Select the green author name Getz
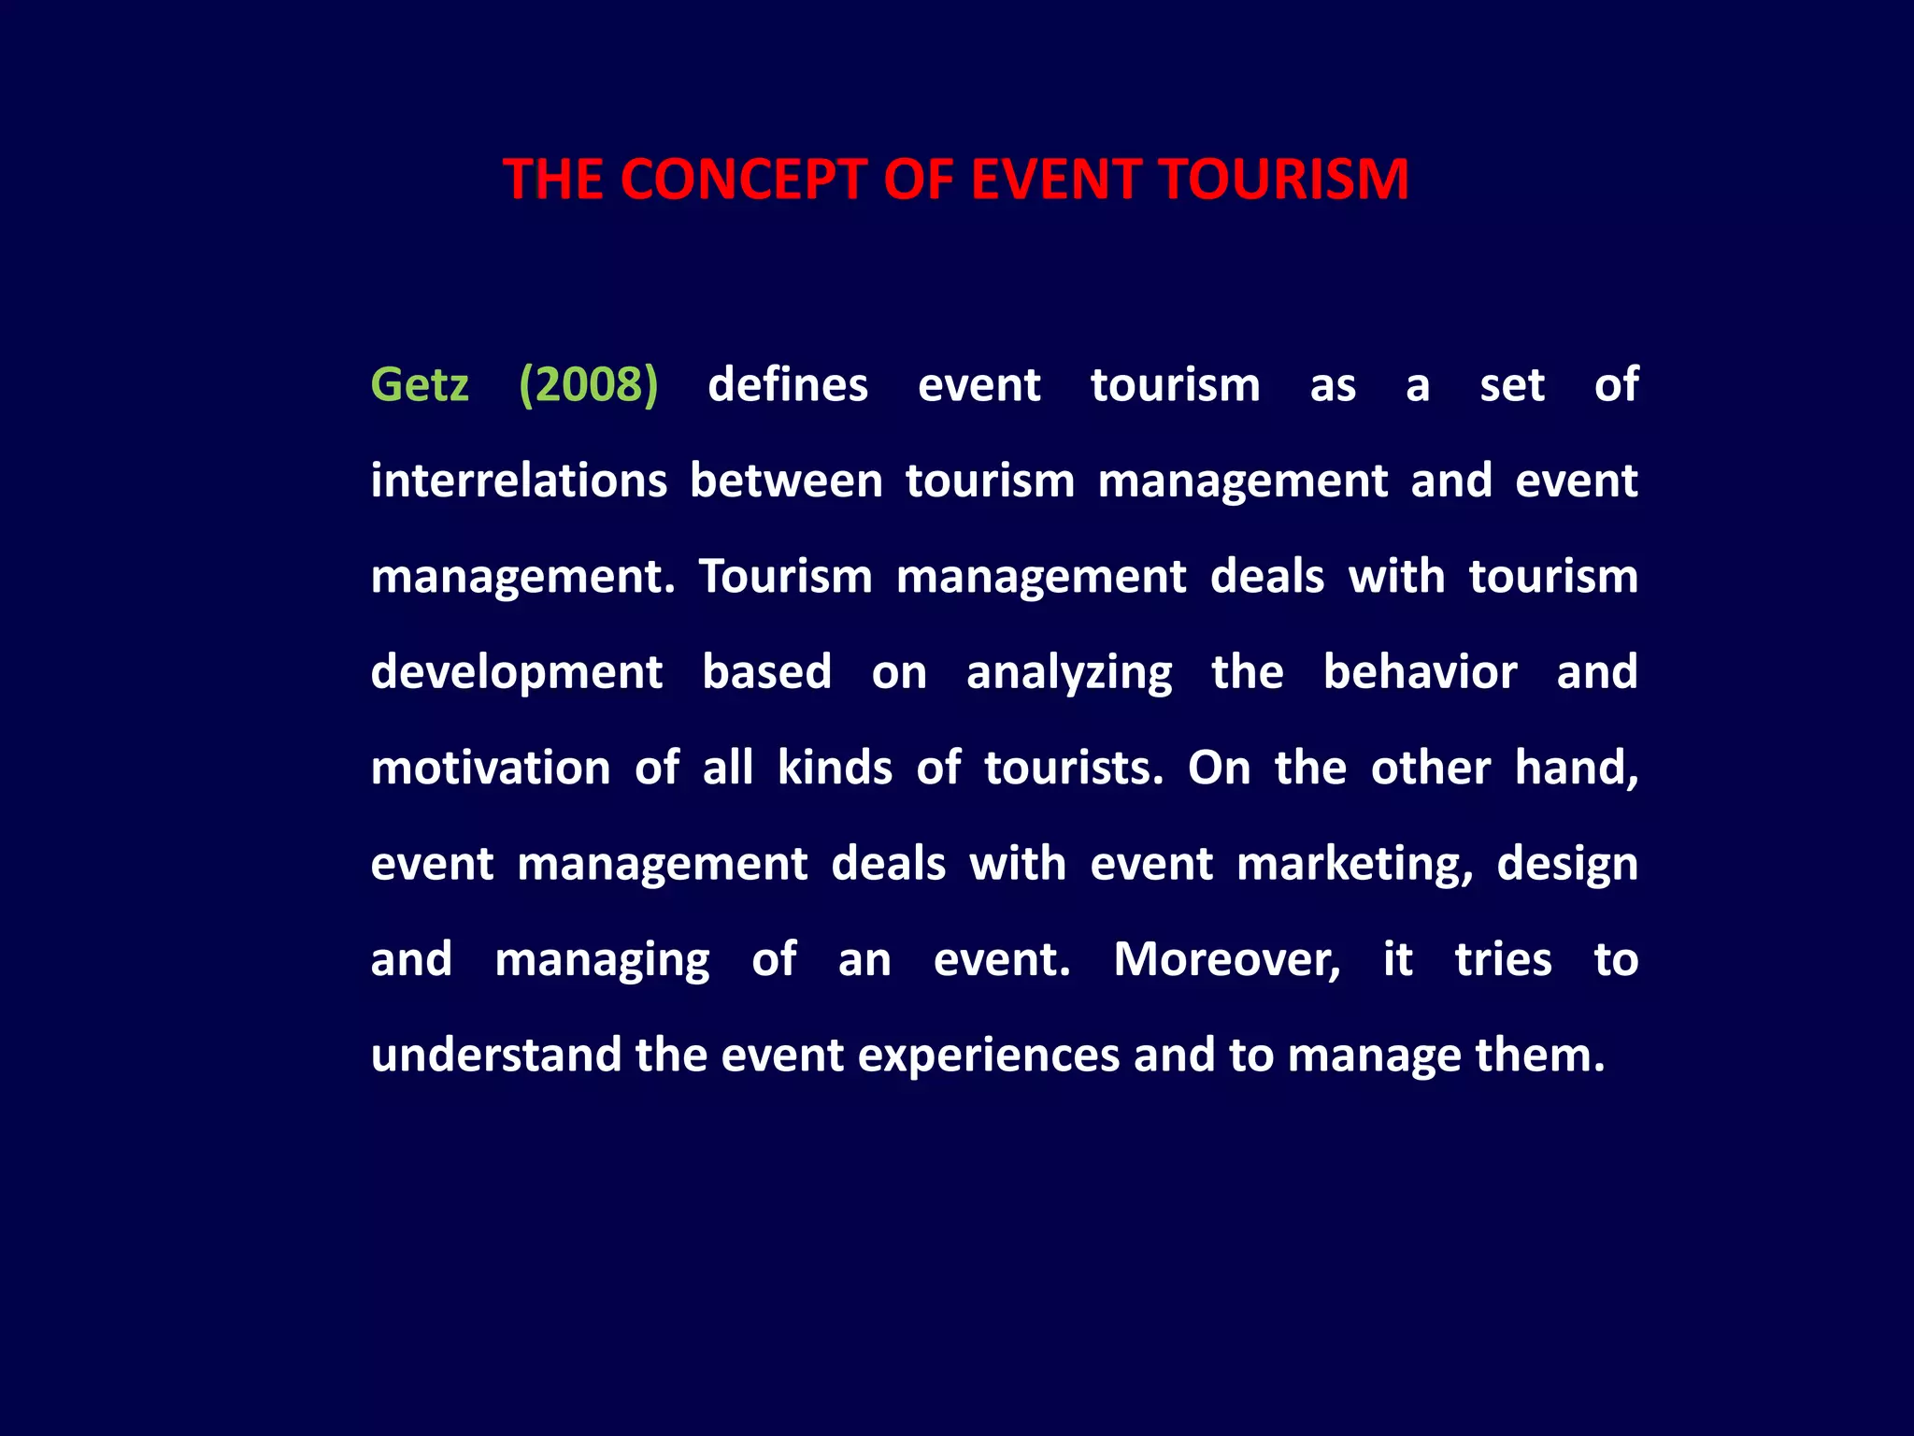pyautogui.click(x=420, y=385)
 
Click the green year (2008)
pyautogui.click(x=589, y=385)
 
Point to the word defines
pyautogui.click(x=788, y=385)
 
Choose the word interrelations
pyautogui.click(x=519, y=481)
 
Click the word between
pyautogui.click(x=786, y=481)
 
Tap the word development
pyautogui.click(x=517, y=672)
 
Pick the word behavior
pyautogui.click(x=1420, y=672)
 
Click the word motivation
pyautogui.click(x=491, y=768)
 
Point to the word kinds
pyautogui.click(x=835, y=768)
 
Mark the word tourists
pyautogui.click(x=1073, y=768)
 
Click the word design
pyautogui.click(x=1567, y=864)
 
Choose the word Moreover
pyautogui.click(x=1226, y=959)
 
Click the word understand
pyautogui.click(x=496, y=1055)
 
